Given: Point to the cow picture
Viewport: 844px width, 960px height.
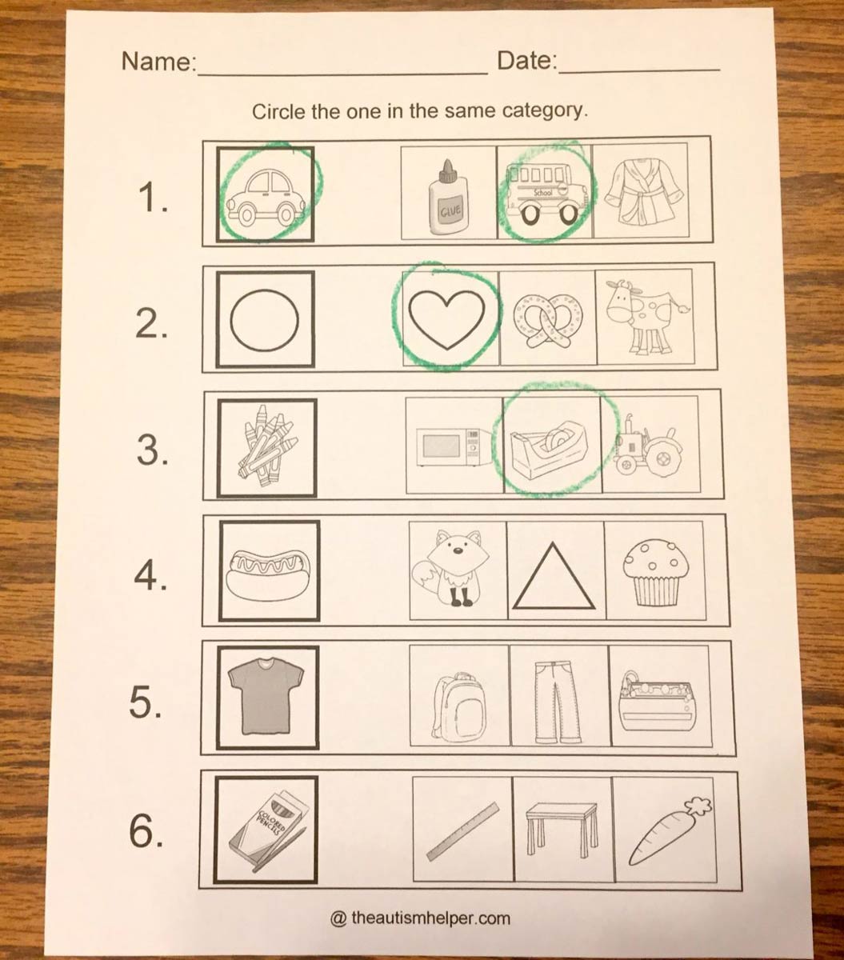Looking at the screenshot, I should (x=645, y=317).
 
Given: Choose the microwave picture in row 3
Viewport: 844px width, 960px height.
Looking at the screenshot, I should (x=453, y=445).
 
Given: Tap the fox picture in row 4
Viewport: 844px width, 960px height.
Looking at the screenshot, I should (x=455, y=569).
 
